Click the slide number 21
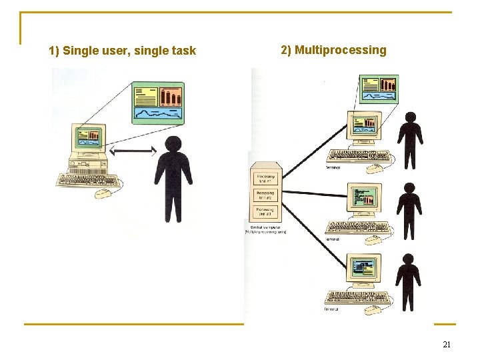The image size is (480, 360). click(447, 345)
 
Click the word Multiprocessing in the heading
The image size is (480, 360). click(340, 50)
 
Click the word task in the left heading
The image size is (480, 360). click(183, 51)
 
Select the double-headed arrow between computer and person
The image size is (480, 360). click(133, 153)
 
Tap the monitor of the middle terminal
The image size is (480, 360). click(364, 199)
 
